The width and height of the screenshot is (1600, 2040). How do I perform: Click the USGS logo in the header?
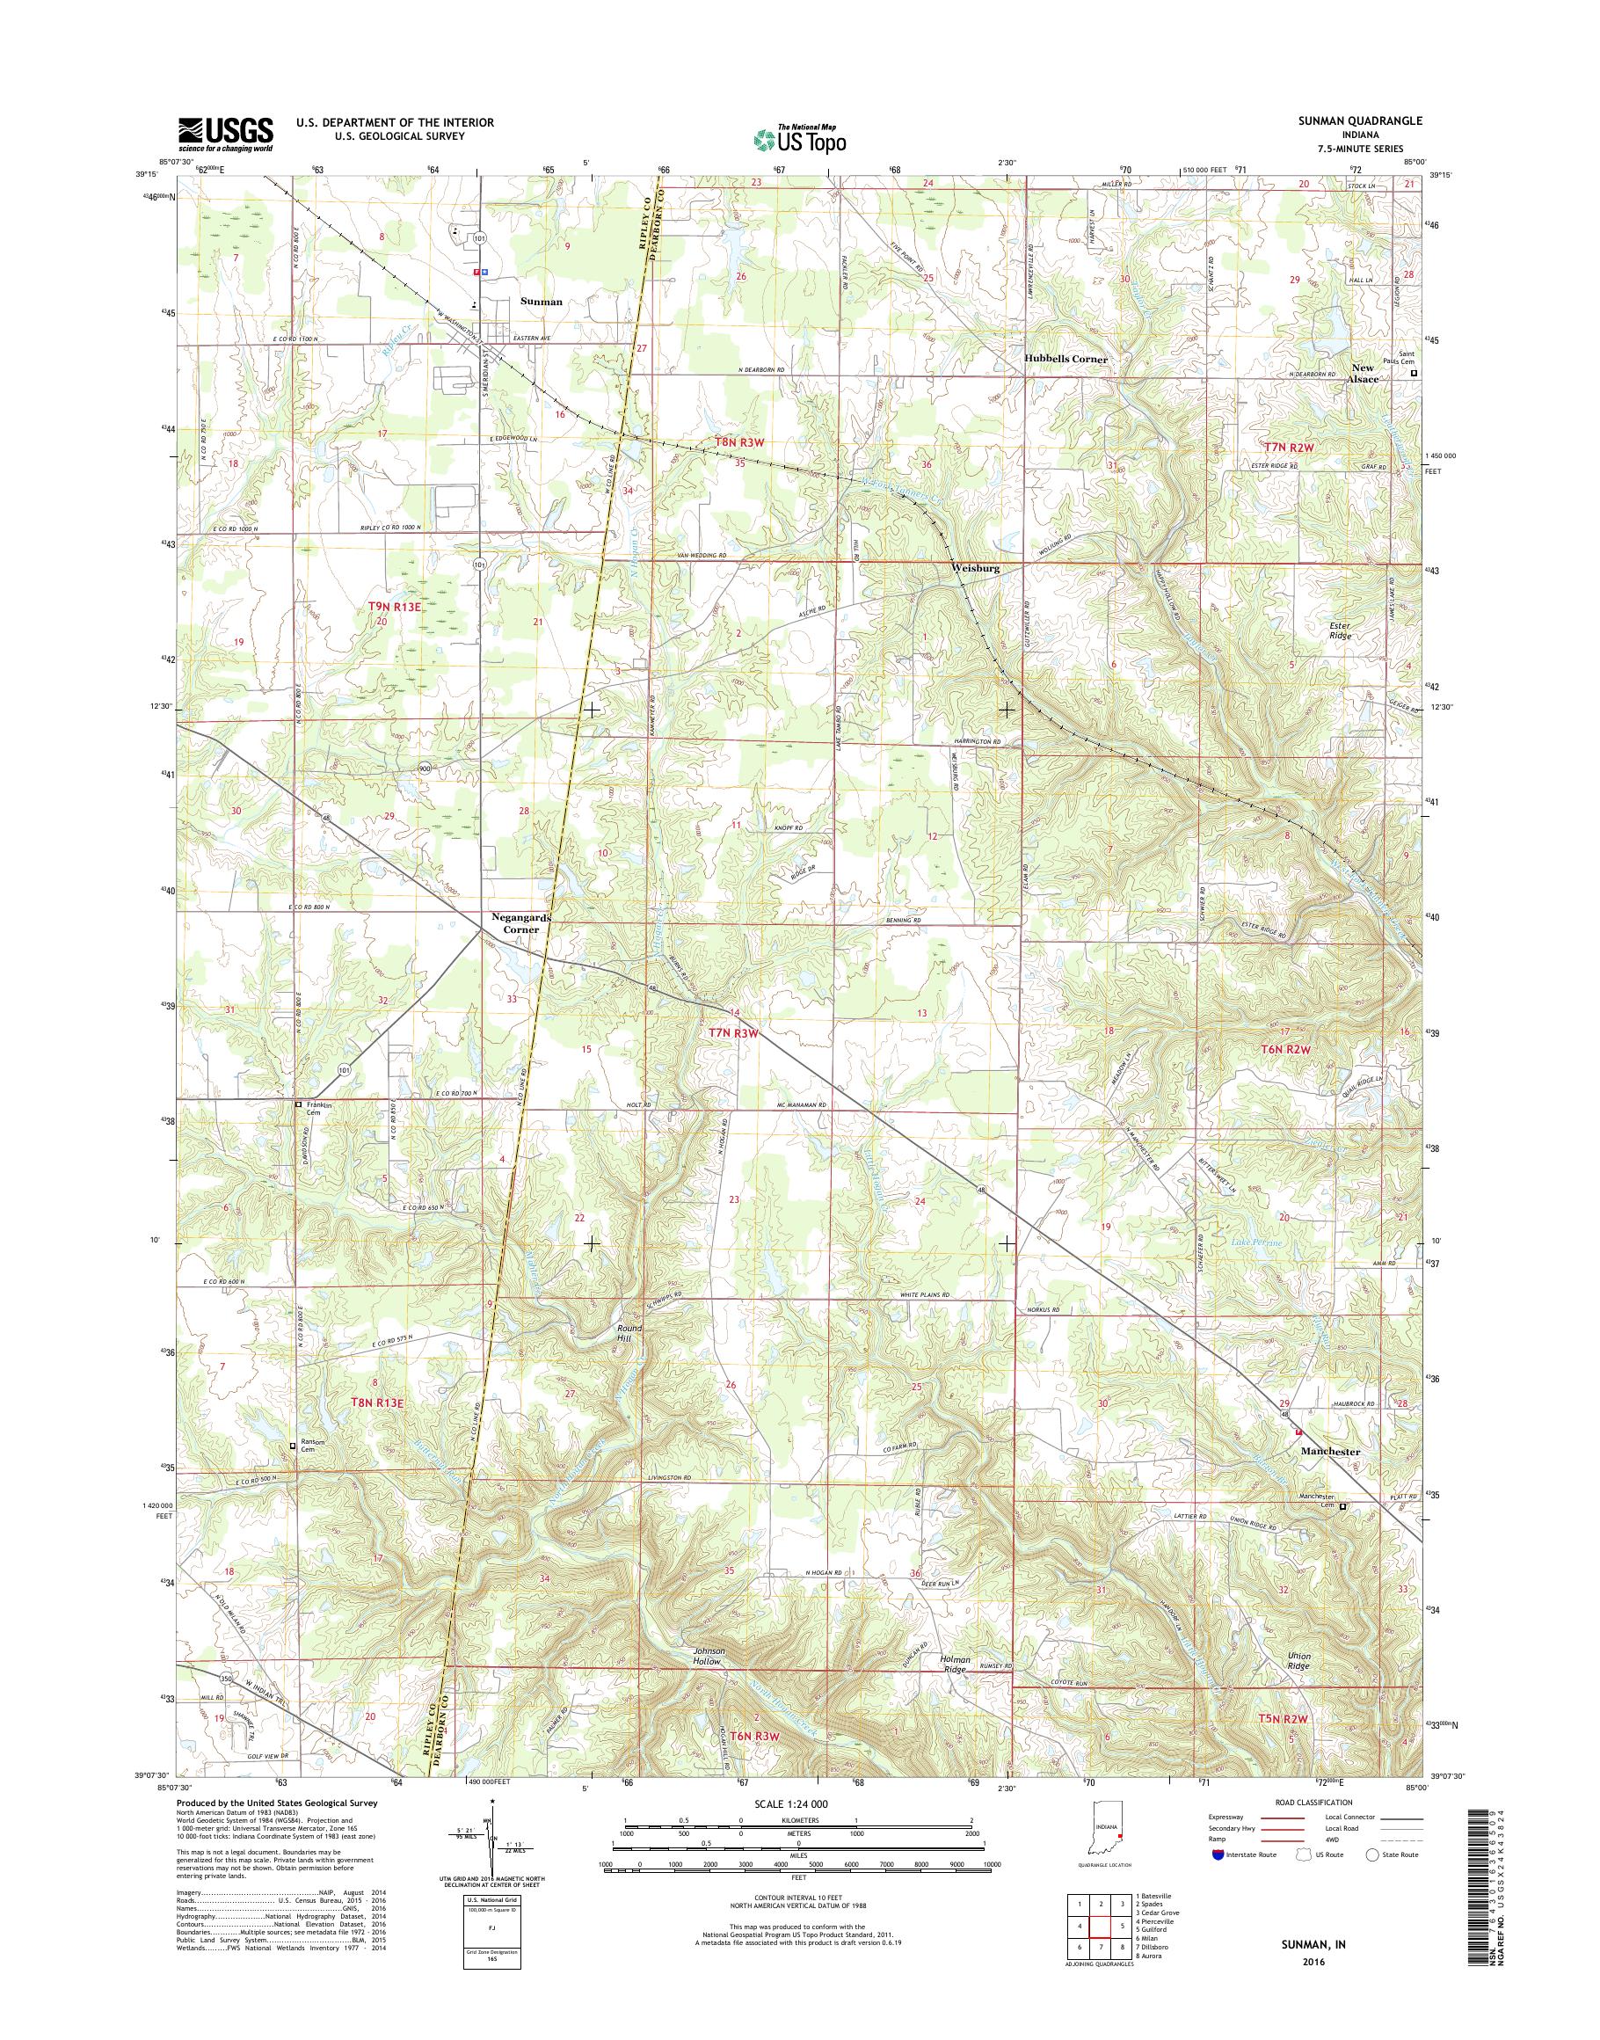(226, 135)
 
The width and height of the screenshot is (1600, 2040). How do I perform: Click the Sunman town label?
(542, 302)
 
